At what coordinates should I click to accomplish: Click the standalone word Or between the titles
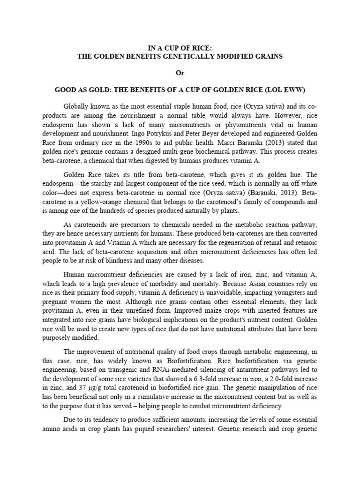(x=180, y=73)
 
